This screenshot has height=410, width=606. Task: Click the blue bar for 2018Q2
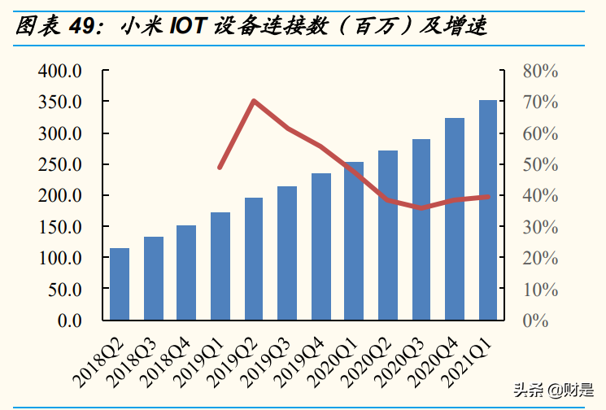point(120,284)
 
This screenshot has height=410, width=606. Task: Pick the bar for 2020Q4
point(455,219)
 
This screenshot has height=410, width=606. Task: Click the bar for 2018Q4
point(186,273)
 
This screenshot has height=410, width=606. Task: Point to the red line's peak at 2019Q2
point(254,101)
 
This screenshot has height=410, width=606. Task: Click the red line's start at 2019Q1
point(220,168)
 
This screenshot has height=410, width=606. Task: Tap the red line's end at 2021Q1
point(488,197)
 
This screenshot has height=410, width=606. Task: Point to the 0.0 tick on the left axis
point(69,321)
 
